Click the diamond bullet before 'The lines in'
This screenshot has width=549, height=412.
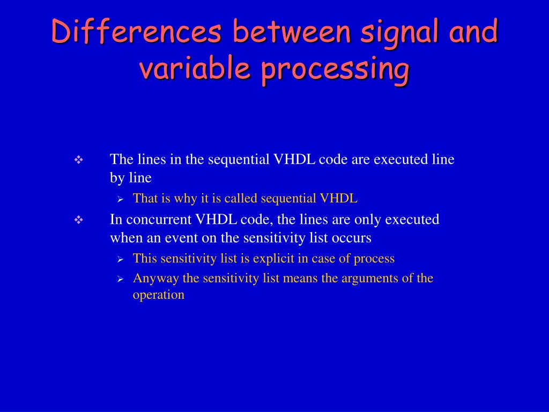(78, 160)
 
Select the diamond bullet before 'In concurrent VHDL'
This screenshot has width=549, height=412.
(78, 220)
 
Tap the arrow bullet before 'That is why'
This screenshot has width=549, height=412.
(121, 199)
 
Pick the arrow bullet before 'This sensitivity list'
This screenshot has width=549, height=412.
(121, 259)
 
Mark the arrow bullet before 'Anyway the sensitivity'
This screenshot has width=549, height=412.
(121, 279)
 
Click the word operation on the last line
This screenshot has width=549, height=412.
(159, 295)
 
